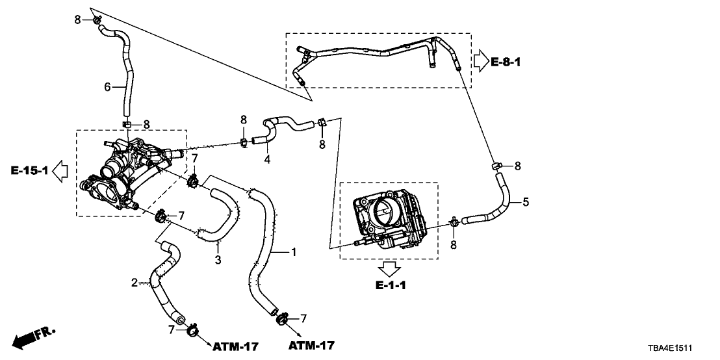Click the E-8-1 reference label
(x=506, y=62)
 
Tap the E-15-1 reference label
(x=28, y=171)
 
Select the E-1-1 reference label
(x=390, y=285)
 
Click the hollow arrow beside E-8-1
(x=480, y=62)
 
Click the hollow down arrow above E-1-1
(x=390, y=268)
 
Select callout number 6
(x=108, y=86)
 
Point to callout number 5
(x=525, y=202)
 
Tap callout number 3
(x=218, y=260)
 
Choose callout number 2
(x=135, y=283)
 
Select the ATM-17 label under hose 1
(x=311, y=344)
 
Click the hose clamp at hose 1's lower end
(x=281, y=318)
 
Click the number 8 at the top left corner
(x=77, y=20)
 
